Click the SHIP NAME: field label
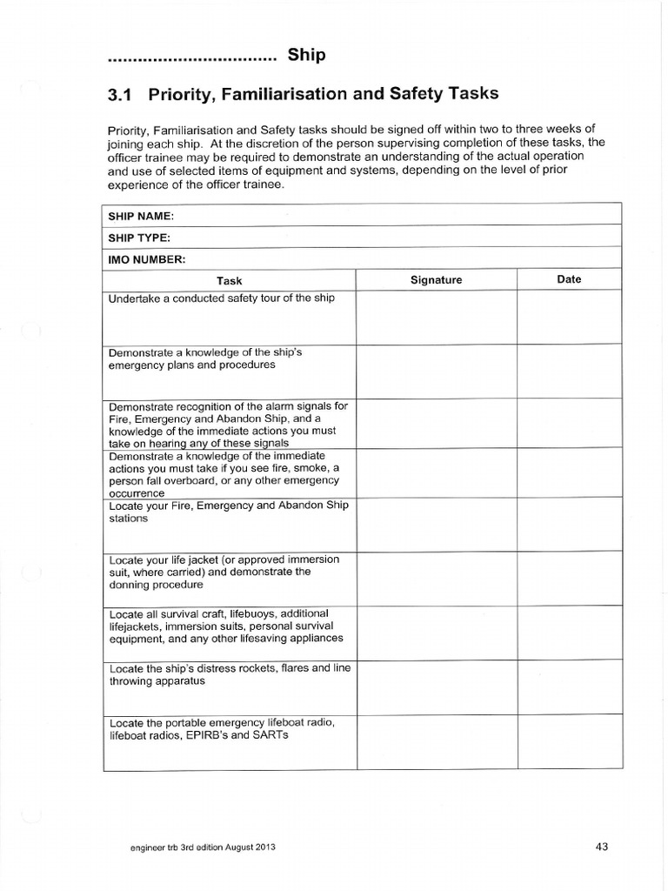click(141, 215)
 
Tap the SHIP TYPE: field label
click(139, 238)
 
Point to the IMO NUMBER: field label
click(146, 259)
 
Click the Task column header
click(230, 280)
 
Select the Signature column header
click(436, 280)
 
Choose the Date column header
click(569, 279)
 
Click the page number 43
click(602, 845)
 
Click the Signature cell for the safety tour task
click(436, 318)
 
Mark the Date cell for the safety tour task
click(569, 318)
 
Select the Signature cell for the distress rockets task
click(436, 687)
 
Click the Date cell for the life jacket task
click(569, 578)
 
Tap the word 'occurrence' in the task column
click(136, 492)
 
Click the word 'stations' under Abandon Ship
click(128, 518)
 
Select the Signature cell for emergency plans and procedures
click(436, 372)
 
